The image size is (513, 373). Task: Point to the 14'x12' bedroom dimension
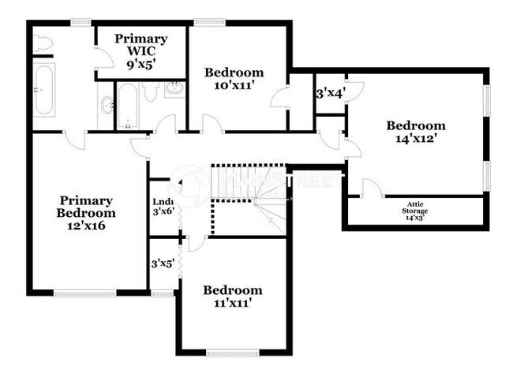pyautogui.click(x=416, y=138)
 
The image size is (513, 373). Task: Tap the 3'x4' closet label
pyautogui.click(x=331, y=94)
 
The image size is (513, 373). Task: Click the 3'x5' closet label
pyautogui.click(x=163, y=264)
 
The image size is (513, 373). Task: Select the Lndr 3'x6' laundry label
pyautogui.click(x=163, y=206)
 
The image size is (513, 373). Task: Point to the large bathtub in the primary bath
pyautogui.click(x=43, y=90)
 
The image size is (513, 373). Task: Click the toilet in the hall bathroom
pyautogui.click(x=151, y=93)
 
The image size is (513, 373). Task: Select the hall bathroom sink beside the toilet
pyautogui.click(x=175, y=90)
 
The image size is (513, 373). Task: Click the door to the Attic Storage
pyautogui.click(x=370, y=188)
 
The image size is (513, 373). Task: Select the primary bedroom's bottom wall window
pyautogui.click(x=88, y=293)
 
